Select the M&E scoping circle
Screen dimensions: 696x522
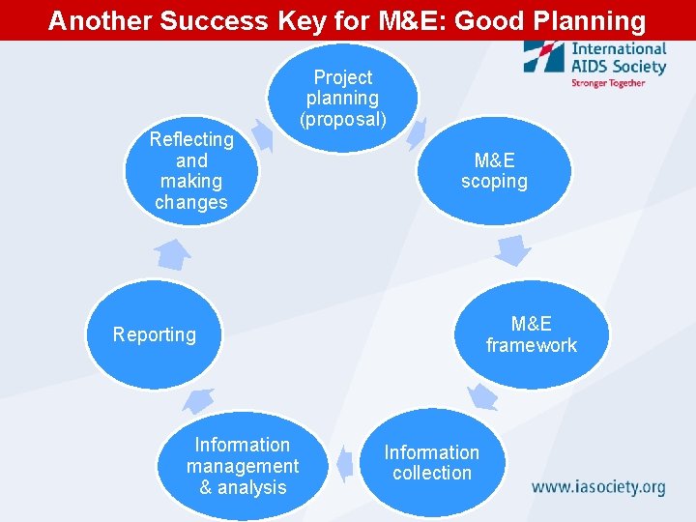pos(494,171)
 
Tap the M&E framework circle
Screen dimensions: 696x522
pos(531,334)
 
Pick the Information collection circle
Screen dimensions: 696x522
pos(431,462)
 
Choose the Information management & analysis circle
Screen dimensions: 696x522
pos(243,466)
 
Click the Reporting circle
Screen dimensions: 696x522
pos(155,334)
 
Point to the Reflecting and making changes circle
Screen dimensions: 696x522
pos(191,171)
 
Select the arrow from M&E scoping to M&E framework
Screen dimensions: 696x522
pos(512,249)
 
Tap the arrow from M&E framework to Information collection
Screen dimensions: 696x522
pos(480,395)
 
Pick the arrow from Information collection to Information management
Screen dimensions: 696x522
pos(343,464)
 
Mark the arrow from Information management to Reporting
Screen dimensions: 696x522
pos(200,398)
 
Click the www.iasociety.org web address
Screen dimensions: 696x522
pos(598,486)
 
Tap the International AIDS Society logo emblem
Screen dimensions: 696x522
pos(544,56)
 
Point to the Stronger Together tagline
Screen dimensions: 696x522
pos(607,83)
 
